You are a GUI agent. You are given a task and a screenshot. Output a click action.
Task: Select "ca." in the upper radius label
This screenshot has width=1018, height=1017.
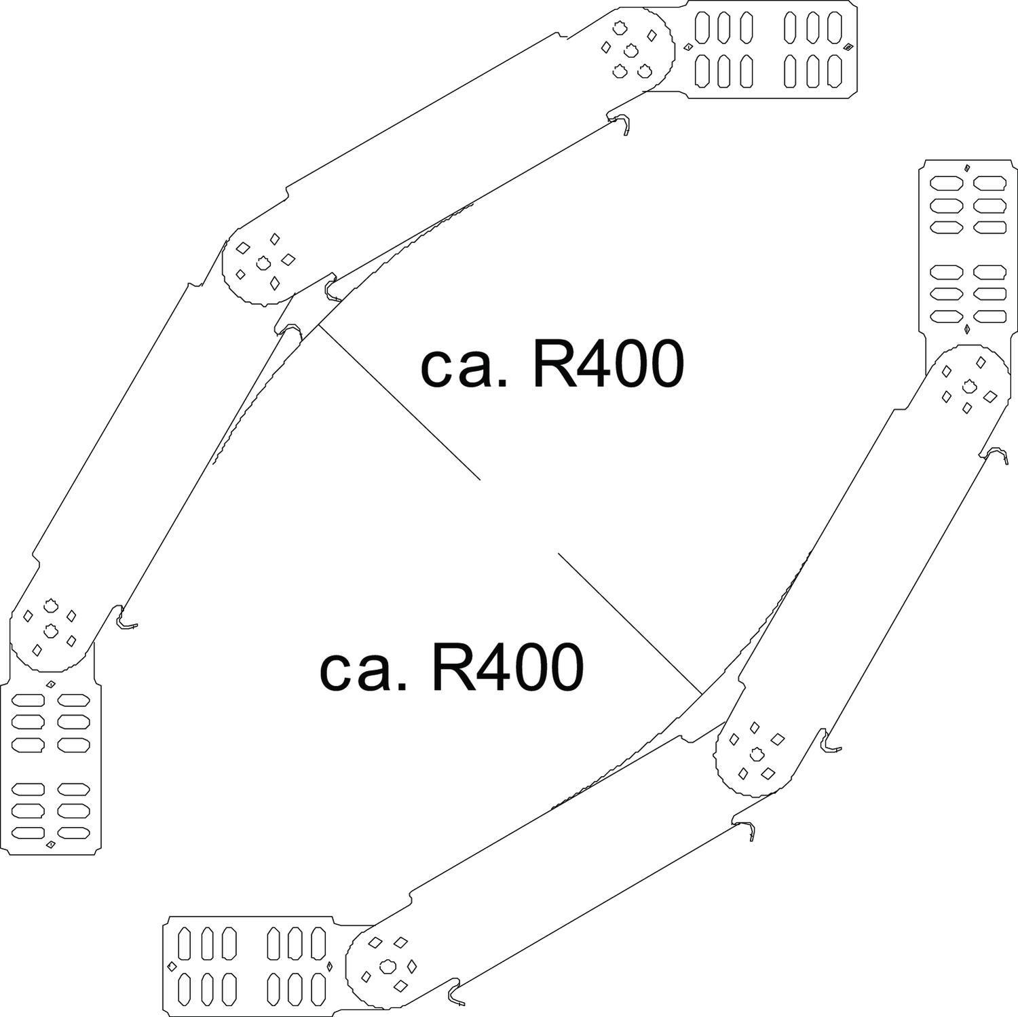464,367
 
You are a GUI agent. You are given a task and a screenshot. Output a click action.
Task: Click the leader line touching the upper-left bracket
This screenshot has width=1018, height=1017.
400,404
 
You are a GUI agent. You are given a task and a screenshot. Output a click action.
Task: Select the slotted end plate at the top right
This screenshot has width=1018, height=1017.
772,50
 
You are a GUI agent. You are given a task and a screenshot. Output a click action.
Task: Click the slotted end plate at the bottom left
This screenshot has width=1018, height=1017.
52,767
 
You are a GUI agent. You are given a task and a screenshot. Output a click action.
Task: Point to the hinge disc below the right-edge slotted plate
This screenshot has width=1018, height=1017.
967,387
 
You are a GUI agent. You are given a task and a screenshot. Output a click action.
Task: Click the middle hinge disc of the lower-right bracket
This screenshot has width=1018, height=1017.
757,752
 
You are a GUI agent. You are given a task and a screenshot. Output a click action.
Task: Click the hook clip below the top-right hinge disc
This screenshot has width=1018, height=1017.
623,124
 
